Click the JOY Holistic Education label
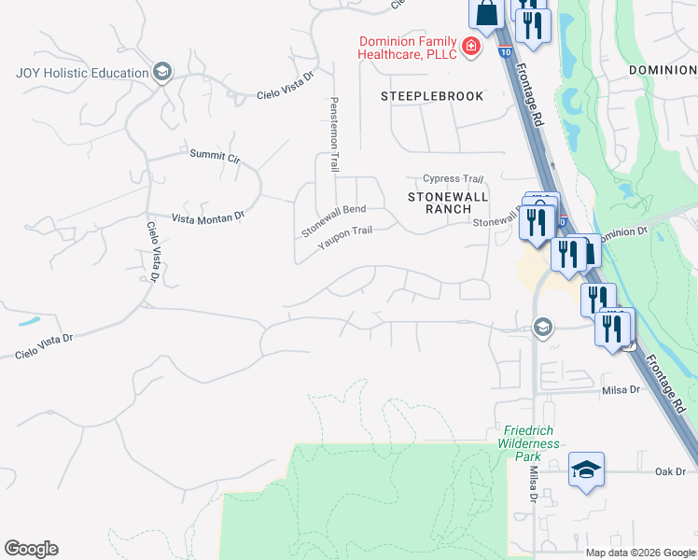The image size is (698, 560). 82,73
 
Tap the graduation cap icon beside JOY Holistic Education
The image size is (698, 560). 162,73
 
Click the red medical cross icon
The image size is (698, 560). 472,47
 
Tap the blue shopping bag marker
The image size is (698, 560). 486,14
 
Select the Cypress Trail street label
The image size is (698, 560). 454,178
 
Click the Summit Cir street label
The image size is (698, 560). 215,156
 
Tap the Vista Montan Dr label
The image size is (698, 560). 207,217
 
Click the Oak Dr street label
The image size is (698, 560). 670,471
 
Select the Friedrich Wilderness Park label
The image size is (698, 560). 529,438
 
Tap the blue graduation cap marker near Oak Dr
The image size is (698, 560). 586,469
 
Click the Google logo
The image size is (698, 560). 31,549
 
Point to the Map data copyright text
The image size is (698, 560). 640,552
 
